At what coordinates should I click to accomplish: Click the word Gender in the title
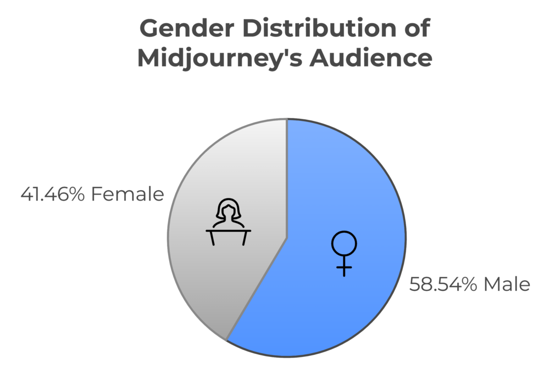186,28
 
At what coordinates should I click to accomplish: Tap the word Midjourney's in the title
220,58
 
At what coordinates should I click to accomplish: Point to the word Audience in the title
371,58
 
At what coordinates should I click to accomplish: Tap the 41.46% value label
53,194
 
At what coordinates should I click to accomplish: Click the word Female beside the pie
127,194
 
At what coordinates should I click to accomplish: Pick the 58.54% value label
443,284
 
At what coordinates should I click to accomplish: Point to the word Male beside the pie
507,284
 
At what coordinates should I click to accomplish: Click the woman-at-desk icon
228,222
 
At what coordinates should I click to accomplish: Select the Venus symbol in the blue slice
344,253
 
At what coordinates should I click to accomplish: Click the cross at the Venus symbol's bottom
344,267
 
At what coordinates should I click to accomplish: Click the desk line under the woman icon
228,231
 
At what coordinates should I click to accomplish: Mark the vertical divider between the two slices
287,178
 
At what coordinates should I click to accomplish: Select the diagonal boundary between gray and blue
257,289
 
